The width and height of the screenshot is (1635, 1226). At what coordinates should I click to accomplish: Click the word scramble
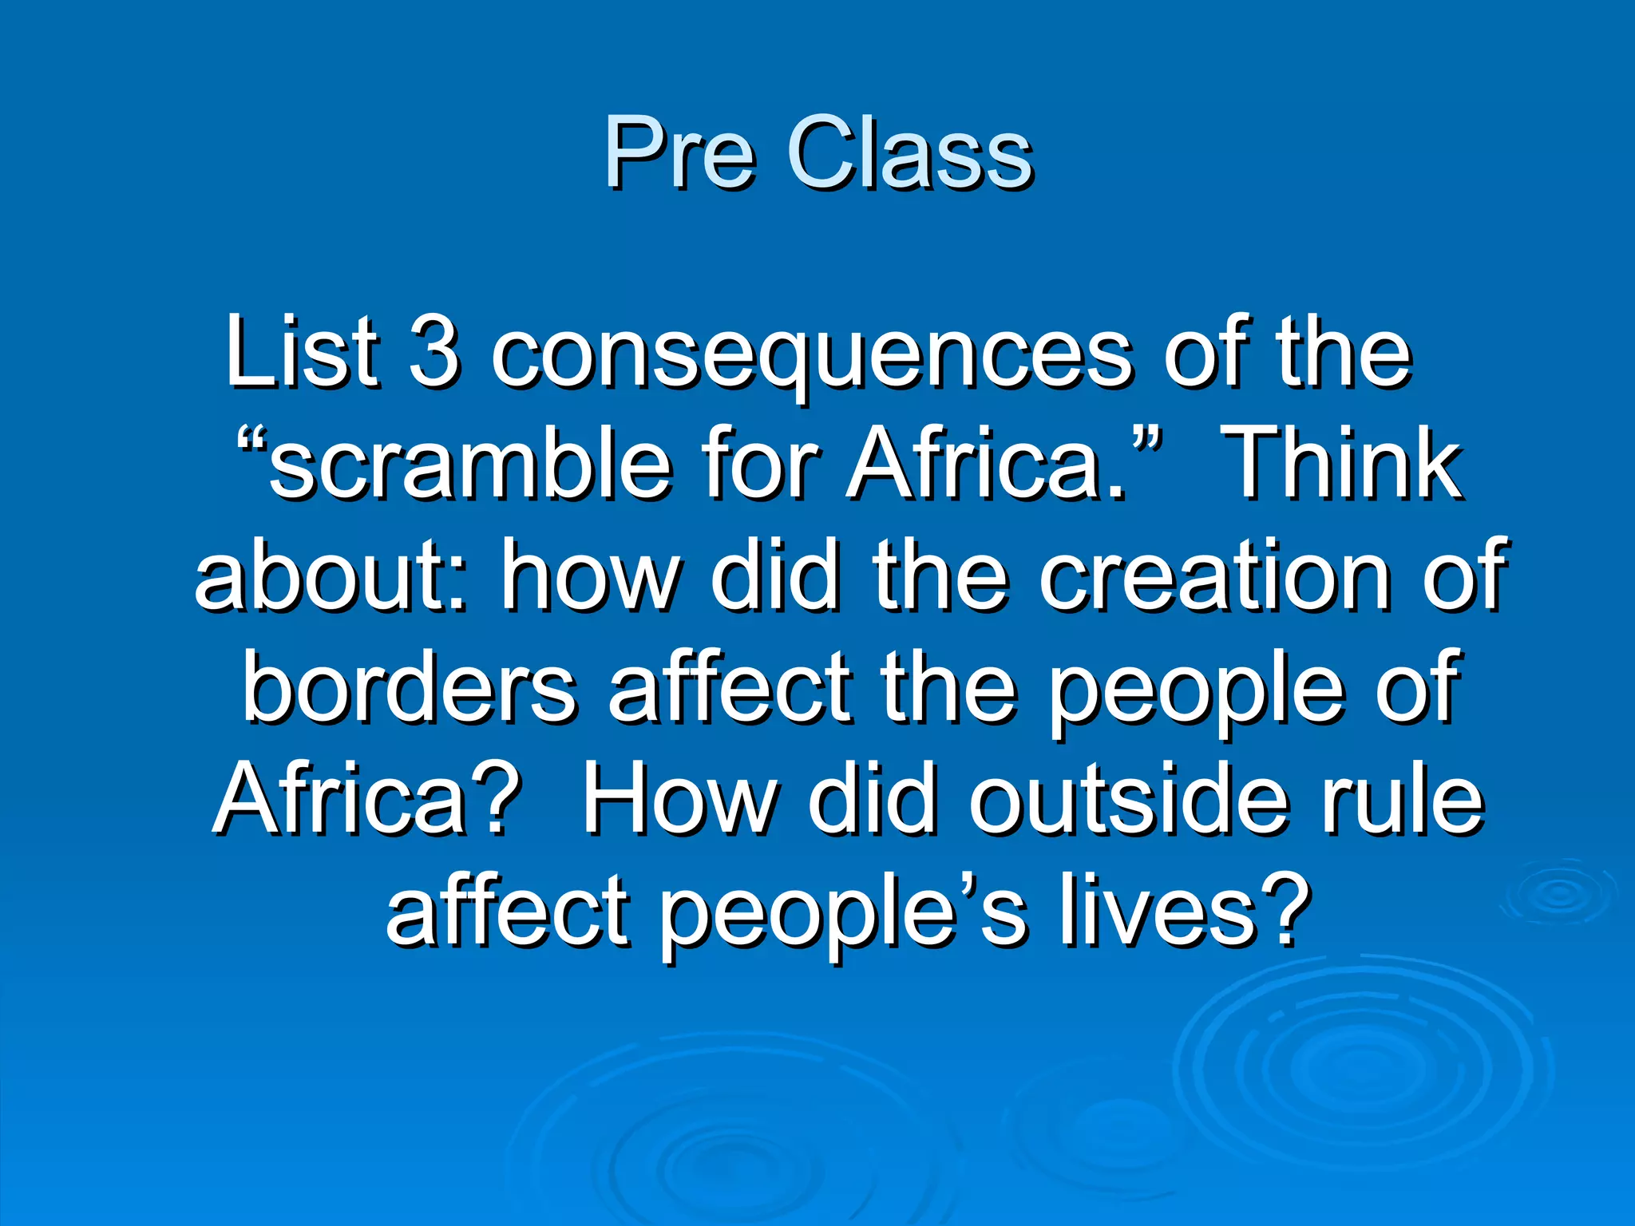pos(471,465)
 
